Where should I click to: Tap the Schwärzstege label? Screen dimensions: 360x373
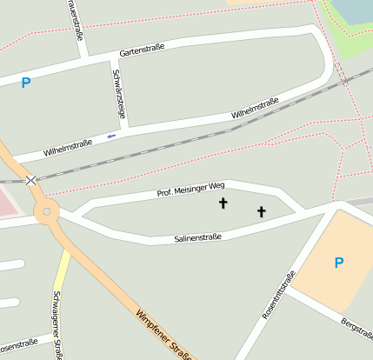(x=119, y=91)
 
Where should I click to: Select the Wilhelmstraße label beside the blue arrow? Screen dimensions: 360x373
(x=67, y=144)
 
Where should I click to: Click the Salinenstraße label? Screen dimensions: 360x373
(x=197, y=237)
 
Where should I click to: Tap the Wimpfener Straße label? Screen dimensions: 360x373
(x=164, y=335)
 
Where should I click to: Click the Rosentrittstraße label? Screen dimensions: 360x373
(x=278, y=295)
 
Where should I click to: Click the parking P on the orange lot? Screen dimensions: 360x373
(x=339, y=263)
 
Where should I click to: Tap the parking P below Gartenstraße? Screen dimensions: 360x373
(x=26, y=83)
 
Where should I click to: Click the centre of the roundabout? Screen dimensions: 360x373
(x=46, y=210)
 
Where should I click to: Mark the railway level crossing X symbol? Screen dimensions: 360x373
(x=32, y=180)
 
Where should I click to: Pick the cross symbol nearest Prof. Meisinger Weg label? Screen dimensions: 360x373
(x=223, y=204)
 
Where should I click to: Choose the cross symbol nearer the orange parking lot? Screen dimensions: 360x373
(x=261, y=211)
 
